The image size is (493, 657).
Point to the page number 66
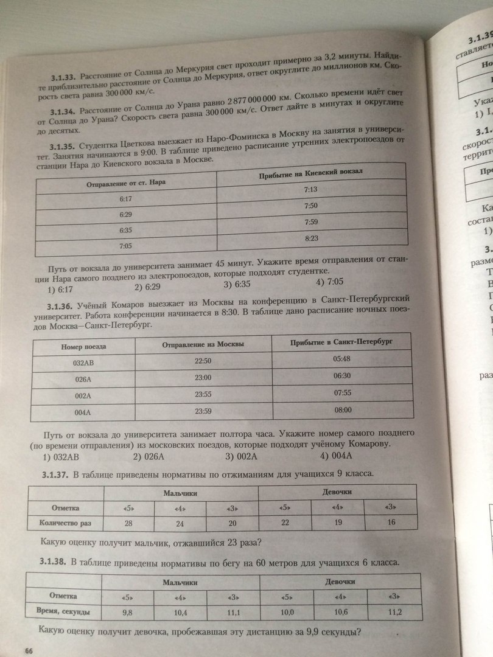pos(28,650)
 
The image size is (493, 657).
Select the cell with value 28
pos(128,523)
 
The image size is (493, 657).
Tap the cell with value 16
pos(391,522)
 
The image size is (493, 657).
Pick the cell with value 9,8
pos(127,611)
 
